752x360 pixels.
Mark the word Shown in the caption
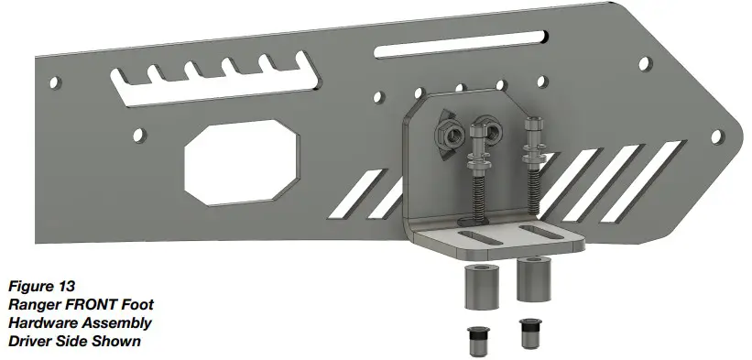(118, 342)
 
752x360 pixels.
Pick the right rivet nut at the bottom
(529, 333)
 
